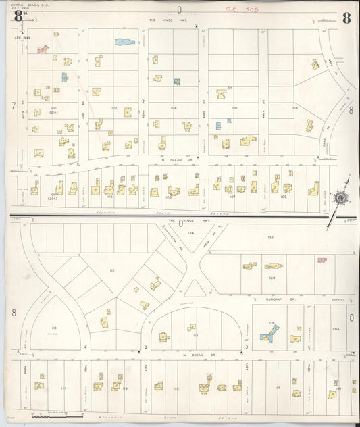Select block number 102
pyautogui.click(x=115, y=108)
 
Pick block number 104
pyautogui.click(x=174, y=108)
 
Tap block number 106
pyautogui.click(x=234, y=108)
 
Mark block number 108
pyautogui.click(x=294, y=108)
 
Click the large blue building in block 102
pyautogui.click(x=125, y=42)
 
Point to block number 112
pyautogui.click(x=111, y=271)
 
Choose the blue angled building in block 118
pyautogui.click(x=269, y=333)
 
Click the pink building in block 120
pyautogui.click(x=322, y=259)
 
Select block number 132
pyautogui.click(x=270, y=238)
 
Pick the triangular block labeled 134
pyautogui.click(x=191, y=233)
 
